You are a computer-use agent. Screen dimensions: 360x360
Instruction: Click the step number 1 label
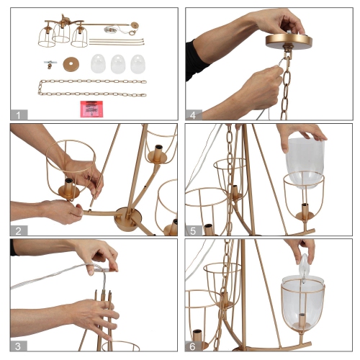18,115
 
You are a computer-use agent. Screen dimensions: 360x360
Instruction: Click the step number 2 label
18,231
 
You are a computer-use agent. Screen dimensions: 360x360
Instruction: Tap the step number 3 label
18,346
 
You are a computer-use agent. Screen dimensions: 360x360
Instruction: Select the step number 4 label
193,115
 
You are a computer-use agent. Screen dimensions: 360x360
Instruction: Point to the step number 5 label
193,231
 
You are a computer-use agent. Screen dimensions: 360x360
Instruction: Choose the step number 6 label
193,346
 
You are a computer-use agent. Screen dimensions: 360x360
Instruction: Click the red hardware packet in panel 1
91,109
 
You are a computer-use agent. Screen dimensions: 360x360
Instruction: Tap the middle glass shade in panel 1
118,64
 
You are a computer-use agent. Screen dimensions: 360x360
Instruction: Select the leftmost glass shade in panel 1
98,63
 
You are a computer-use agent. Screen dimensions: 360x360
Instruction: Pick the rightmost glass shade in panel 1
138,64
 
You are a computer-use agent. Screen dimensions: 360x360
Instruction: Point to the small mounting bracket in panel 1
50,64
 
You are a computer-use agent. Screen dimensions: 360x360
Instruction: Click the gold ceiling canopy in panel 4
289,41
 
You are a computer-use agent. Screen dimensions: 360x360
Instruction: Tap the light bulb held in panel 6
305,267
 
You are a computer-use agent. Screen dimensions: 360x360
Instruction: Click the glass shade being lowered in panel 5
305,163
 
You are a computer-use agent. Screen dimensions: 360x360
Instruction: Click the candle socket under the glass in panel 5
305,212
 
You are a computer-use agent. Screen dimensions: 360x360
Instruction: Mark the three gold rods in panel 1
117,42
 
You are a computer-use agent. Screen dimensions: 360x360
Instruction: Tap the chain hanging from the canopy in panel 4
285,89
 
